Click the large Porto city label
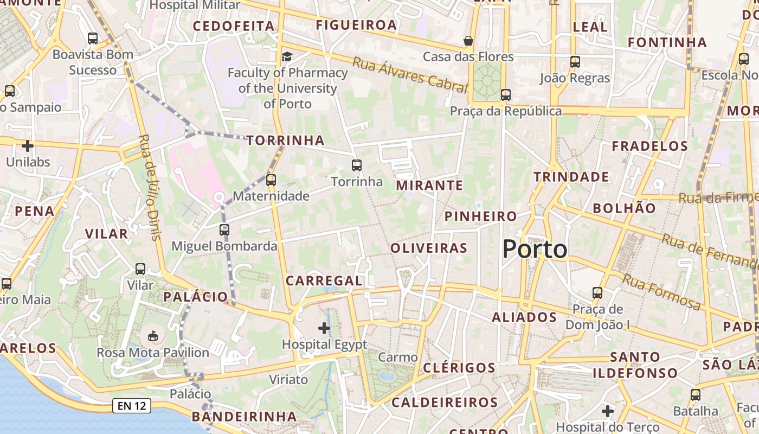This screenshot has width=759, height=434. coord(535,249)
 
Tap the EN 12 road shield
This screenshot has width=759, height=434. coord(131,405)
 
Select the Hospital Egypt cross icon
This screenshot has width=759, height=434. coord(324,328)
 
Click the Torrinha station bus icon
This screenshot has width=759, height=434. coord(357,165)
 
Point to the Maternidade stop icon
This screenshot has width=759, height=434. coord(271,180)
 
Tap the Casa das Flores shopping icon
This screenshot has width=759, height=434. coord(468,41)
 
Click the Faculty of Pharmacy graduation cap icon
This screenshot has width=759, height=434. coord(287,56)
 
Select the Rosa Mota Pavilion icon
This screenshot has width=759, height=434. coord(153,336)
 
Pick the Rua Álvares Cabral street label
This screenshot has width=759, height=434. coord(409,74)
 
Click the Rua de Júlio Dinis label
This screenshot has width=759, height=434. coord(150,187)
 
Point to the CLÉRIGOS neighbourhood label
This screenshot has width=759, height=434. coord(459,367)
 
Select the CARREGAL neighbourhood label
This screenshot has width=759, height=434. coord(324,280)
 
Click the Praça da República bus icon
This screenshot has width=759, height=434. coord(506,95)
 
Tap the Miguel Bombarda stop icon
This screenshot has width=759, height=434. coord(224,229)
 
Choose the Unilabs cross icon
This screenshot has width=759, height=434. coord(28,145)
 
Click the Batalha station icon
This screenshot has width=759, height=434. coord(696,395)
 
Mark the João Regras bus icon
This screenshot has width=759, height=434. coord(575,62)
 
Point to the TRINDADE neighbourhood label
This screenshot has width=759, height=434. coord(571,177)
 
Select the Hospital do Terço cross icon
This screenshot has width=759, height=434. coord(608,411)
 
